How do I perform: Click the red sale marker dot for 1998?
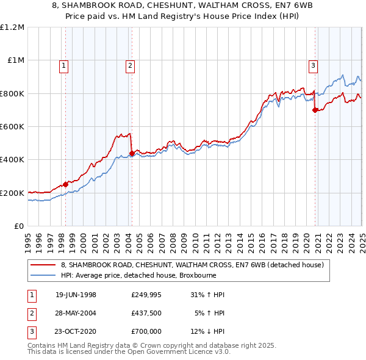(x=66, y=184)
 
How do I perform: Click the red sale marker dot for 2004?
(x=132, y=153)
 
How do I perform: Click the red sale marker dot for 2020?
(x=315, y=110)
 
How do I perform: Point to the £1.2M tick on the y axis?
(x=13, y=27)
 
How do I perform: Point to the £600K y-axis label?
(x=12, y=127)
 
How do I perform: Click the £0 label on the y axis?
(x=18, y=226)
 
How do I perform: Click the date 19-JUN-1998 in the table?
(x=76, y=295)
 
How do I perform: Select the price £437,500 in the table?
(x=146, y=313)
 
